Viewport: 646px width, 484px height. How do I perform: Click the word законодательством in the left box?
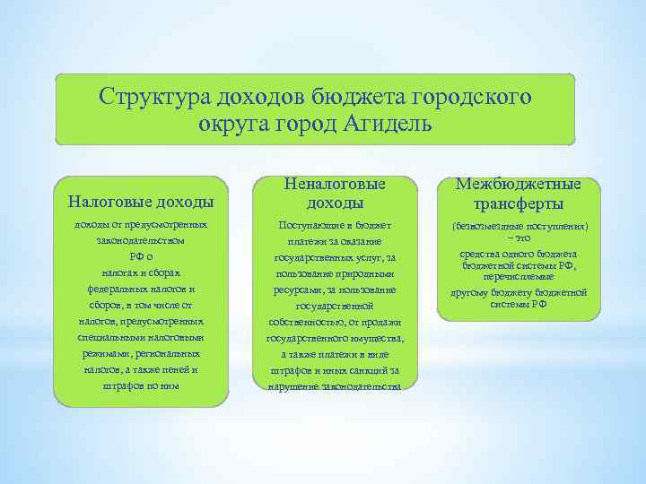click(x=141, y=241)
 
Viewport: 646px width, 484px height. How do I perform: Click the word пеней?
click(x=176, y=368)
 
